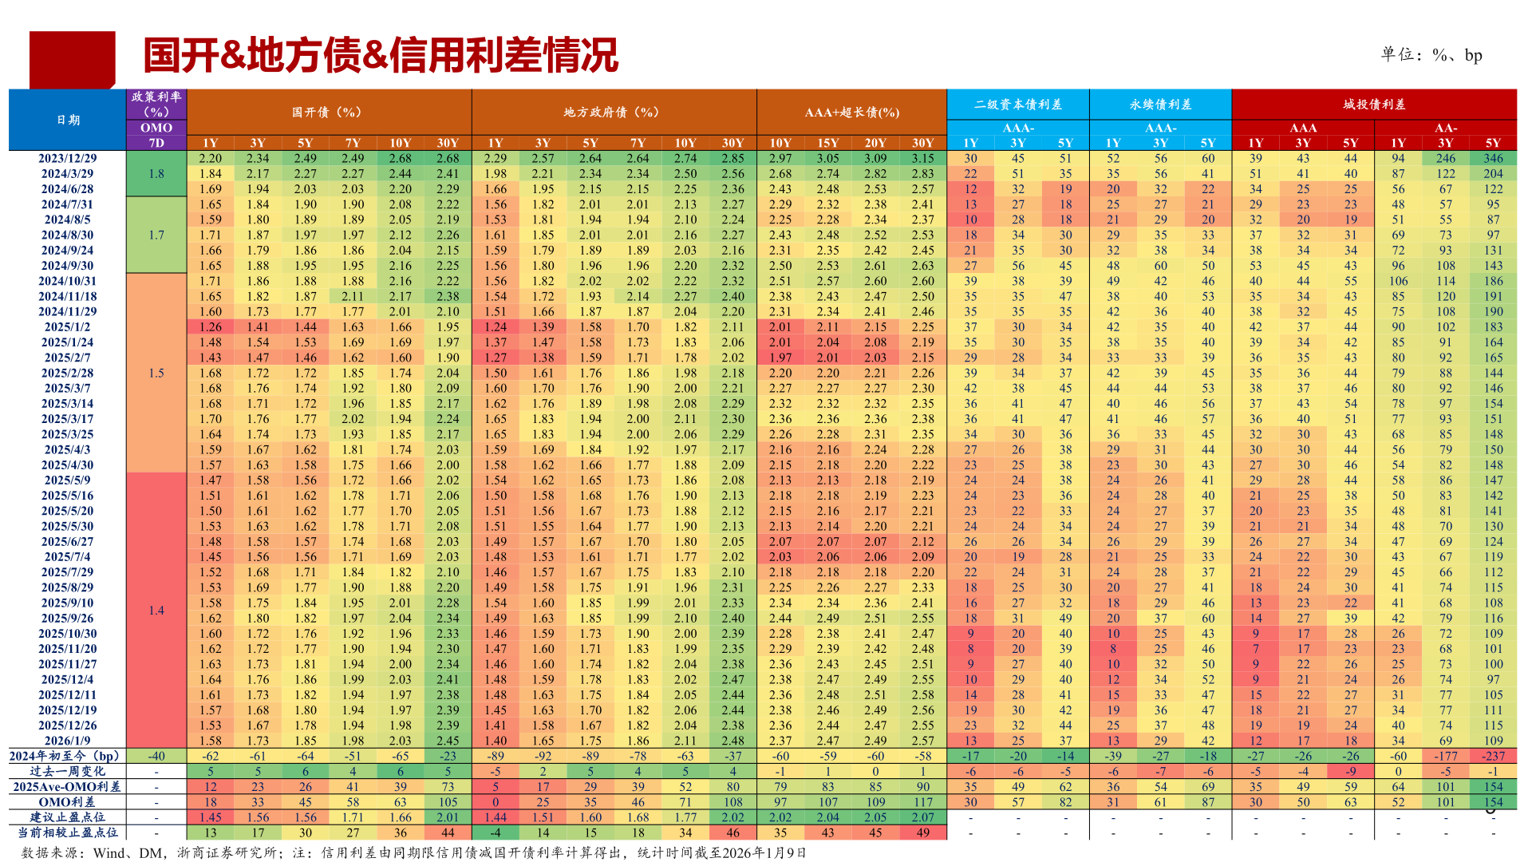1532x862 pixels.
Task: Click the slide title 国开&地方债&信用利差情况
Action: tap(381, 56)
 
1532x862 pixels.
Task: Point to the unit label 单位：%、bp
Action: tap(1431, 55)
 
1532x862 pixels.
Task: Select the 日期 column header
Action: tap(68, 120)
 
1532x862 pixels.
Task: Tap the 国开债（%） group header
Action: tap(328, 113)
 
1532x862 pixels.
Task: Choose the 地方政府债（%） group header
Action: tap(613, 113)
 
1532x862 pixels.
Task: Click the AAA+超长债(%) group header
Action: tap(851, 113)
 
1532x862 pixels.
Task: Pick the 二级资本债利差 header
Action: tap(1017, 105)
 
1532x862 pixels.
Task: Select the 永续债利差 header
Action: tap(1160, 105)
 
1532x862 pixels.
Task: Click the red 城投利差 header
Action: tap(1374, 105)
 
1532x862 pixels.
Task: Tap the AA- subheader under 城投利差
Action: tap(1445, 128)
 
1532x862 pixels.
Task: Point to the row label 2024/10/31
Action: tap(68, 281)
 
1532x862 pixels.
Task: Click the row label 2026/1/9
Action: tap(68, 741)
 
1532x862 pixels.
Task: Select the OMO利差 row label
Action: tap(68, 802)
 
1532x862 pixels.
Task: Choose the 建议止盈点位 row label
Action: tap(68, 817)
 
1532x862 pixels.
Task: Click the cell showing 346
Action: tap(1493, 159)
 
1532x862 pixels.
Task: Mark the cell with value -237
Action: tap(1493, 756)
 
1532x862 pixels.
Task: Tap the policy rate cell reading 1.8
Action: tap(156, 174)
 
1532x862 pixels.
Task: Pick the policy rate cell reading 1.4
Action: tap(156, 611)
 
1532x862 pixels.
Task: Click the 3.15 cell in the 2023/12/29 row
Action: tap(922, 159)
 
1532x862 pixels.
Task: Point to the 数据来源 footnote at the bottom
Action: tap(413, 852)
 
